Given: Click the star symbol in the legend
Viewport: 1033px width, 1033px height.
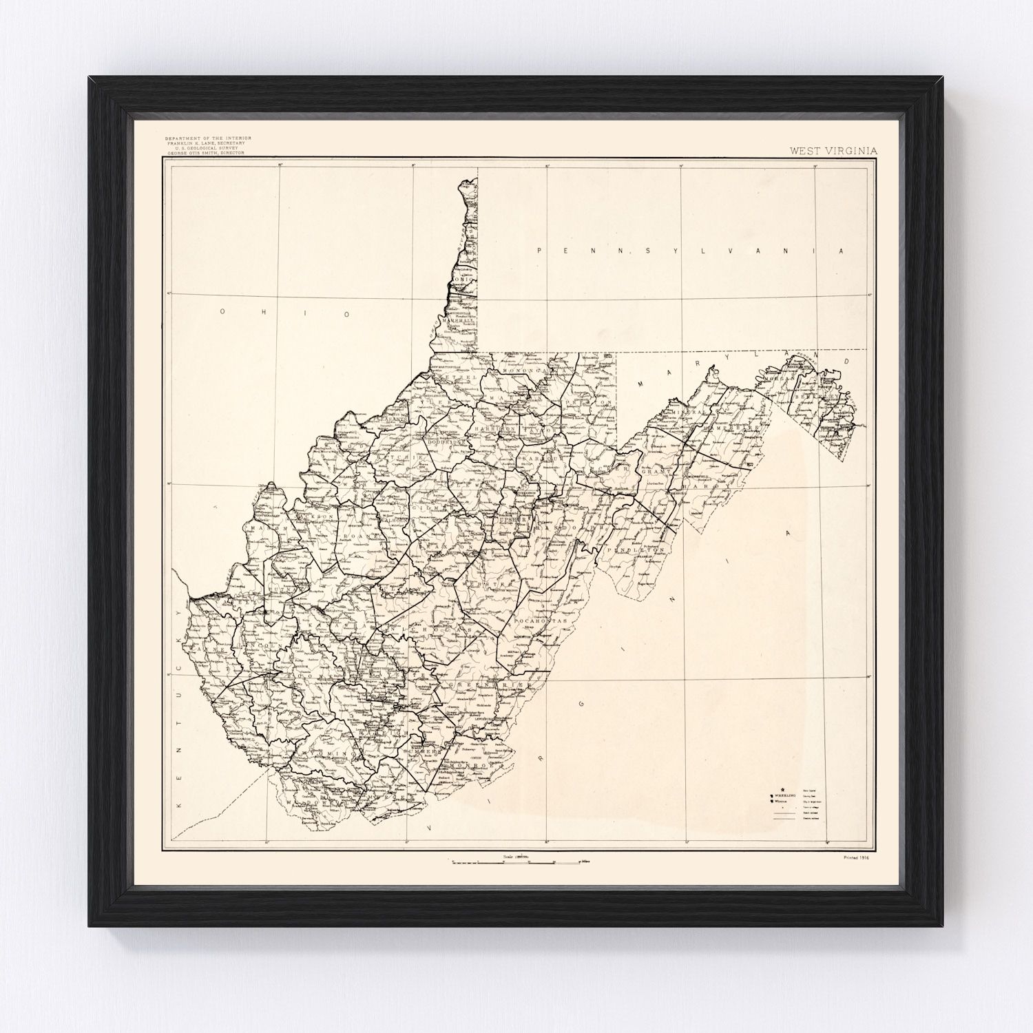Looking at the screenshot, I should pyautogui.click(x=782, y=790).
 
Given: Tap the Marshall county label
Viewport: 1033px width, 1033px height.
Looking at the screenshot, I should pyautogui.click(x=459, y=322).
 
